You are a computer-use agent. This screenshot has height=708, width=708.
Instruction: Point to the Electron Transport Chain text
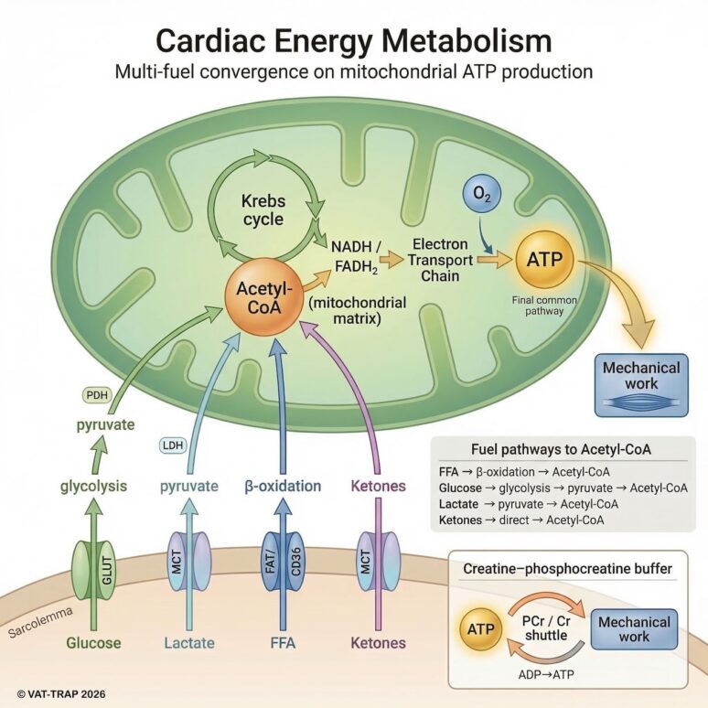tap(441, 260)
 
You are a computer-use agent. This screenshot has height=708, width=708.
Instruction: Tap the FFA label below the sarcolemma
tap(282, 643)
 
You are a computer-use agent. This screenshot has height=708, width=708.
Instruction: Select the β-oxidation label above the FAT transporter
tap(282, 486)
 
